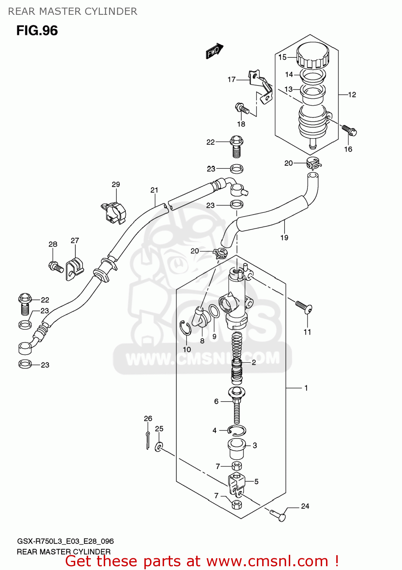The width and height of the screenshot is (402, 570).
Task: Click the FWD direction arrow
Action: tap(214, 51)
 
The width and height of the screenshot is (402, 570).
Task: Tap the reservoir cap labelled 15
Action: tap(312, 55)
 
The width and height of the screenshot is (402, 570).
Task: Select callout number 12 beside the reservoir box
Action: tap(352, 95)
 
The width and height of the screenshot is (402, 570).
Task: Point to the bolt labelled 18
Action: tap(242, 109)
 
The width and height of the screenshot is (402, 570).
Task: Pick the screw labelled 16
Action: tap(349, 130)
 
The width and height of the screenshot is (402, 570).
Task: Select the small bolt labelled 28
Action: tap(56, 267)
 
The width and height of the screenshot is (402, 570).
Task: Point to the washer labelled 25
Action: tap(159, 446)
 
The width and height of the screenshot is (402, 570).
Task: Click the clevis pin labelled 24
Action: tap(278, 515)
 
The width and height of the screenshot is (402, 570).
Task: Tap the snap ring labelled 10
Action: tap(185, 328)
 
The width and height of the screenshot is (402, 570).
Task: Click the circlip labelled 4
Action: tap(237, 431)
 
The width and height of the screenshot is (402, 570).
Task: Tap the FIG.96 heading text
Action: tap(37, 30)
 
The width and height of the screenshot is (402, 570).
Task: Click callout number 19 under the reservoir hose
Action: tap(284, 237)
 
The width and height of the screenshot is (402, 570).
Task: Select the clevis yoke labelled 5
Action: tap(236, 484)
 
